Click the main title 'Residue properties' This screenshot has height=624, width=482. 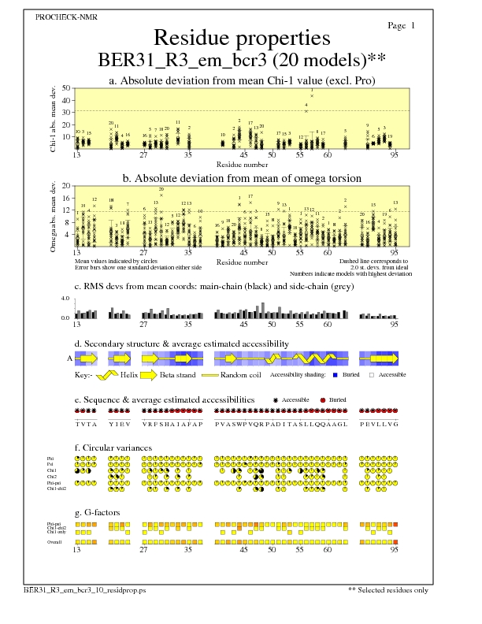point(241,38)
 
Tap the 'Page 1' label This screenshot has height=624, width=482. point(402,26)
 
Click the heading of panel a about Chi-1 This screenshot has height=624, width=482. point(241,80)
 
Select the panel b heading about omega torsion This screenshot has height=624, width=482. point(241,178)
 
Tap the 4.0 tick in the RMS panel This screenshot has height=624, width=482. point(67,299)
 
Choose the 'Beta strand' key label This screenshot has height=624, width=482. point(177,375)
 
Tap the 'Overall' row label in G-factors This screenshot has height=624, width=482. point(56,542)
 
